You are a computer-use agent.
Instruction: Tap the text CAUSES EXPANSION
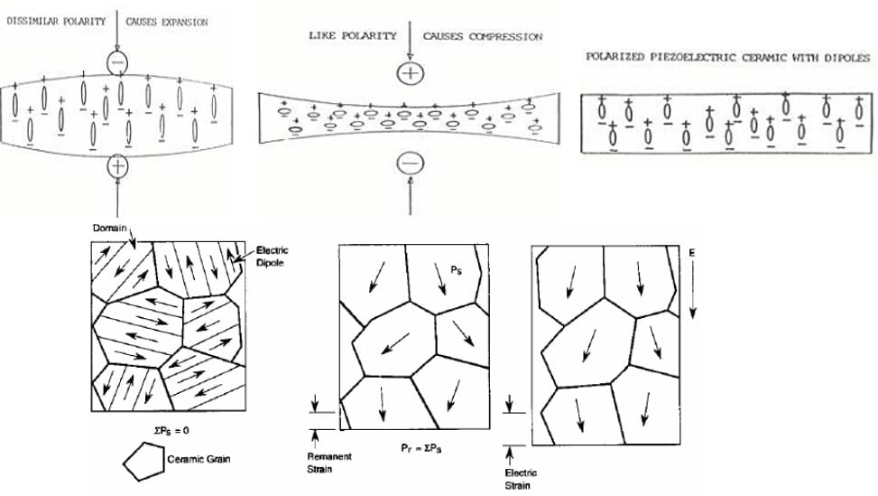(167, 21)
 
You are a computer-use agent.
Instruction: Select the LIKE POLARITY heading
(353, 36)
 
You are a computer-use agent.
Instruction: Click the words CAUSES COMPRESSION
(483, 37)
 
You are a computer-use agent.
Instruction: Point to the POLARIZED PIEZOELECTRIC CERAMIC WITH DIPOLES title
(727, 57)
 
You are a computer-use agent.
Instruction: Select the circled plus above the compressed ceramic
(411, 73)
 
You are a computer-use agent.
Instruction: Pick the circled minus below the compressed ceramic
(411, 161)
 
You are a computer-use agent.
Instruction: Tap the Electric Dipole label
(272, 256)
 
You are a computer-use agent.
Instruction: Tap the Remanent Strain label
(329, 463)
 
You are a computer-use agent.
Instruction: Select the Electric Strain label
(521, 478)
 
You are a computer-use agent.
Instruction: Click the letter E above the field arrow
(692, 253)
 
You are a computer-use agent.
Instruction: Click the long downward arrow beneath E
(692, 290)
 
